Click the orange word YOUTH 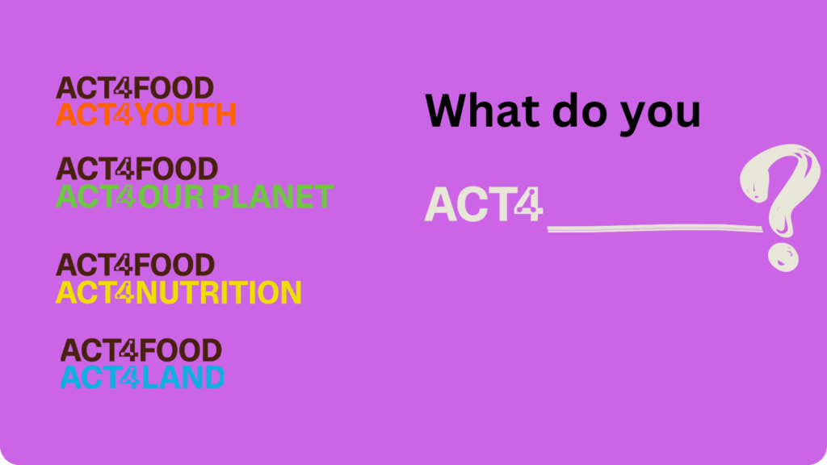coord(185,115)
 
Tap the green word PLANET coord(272,197)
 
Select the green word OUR coord(170,197)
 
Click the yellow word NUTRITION coord(218,292)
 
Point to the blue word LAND coord(183,378)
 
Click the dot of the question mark coord(783,258)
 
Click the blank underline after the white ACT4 coord(655,228)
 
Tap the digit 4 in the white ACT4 coord(527,204)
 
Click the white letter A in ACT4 coord(440,204)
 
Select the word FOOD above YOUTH coord(173,88)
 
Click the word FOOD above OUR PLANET coord(177,169)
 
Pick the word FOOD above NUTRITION coord(174,265)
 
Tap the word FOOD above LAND coord(181,350)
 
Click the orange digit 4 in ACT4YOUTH coord(124,115)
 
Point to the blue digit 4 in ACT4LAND coord(129,378)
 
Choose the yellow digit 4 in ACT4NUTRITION coord(124,292)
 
